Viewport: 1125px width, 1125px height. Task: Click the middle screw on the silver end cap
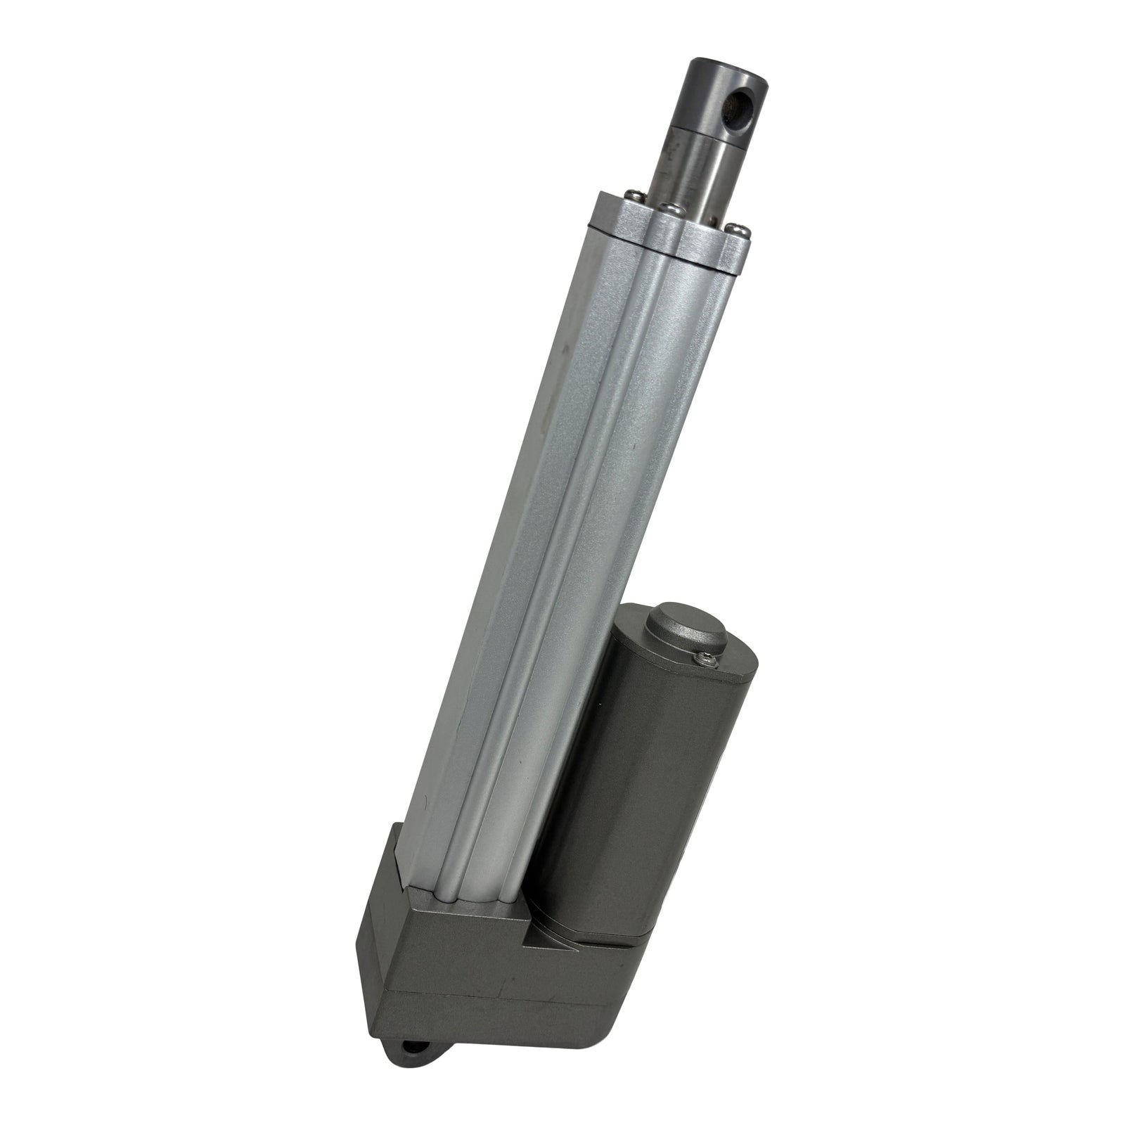(x=671, y=207)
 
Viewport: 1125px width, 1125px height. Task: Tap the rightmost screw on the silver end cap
(x=736, y=228)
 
